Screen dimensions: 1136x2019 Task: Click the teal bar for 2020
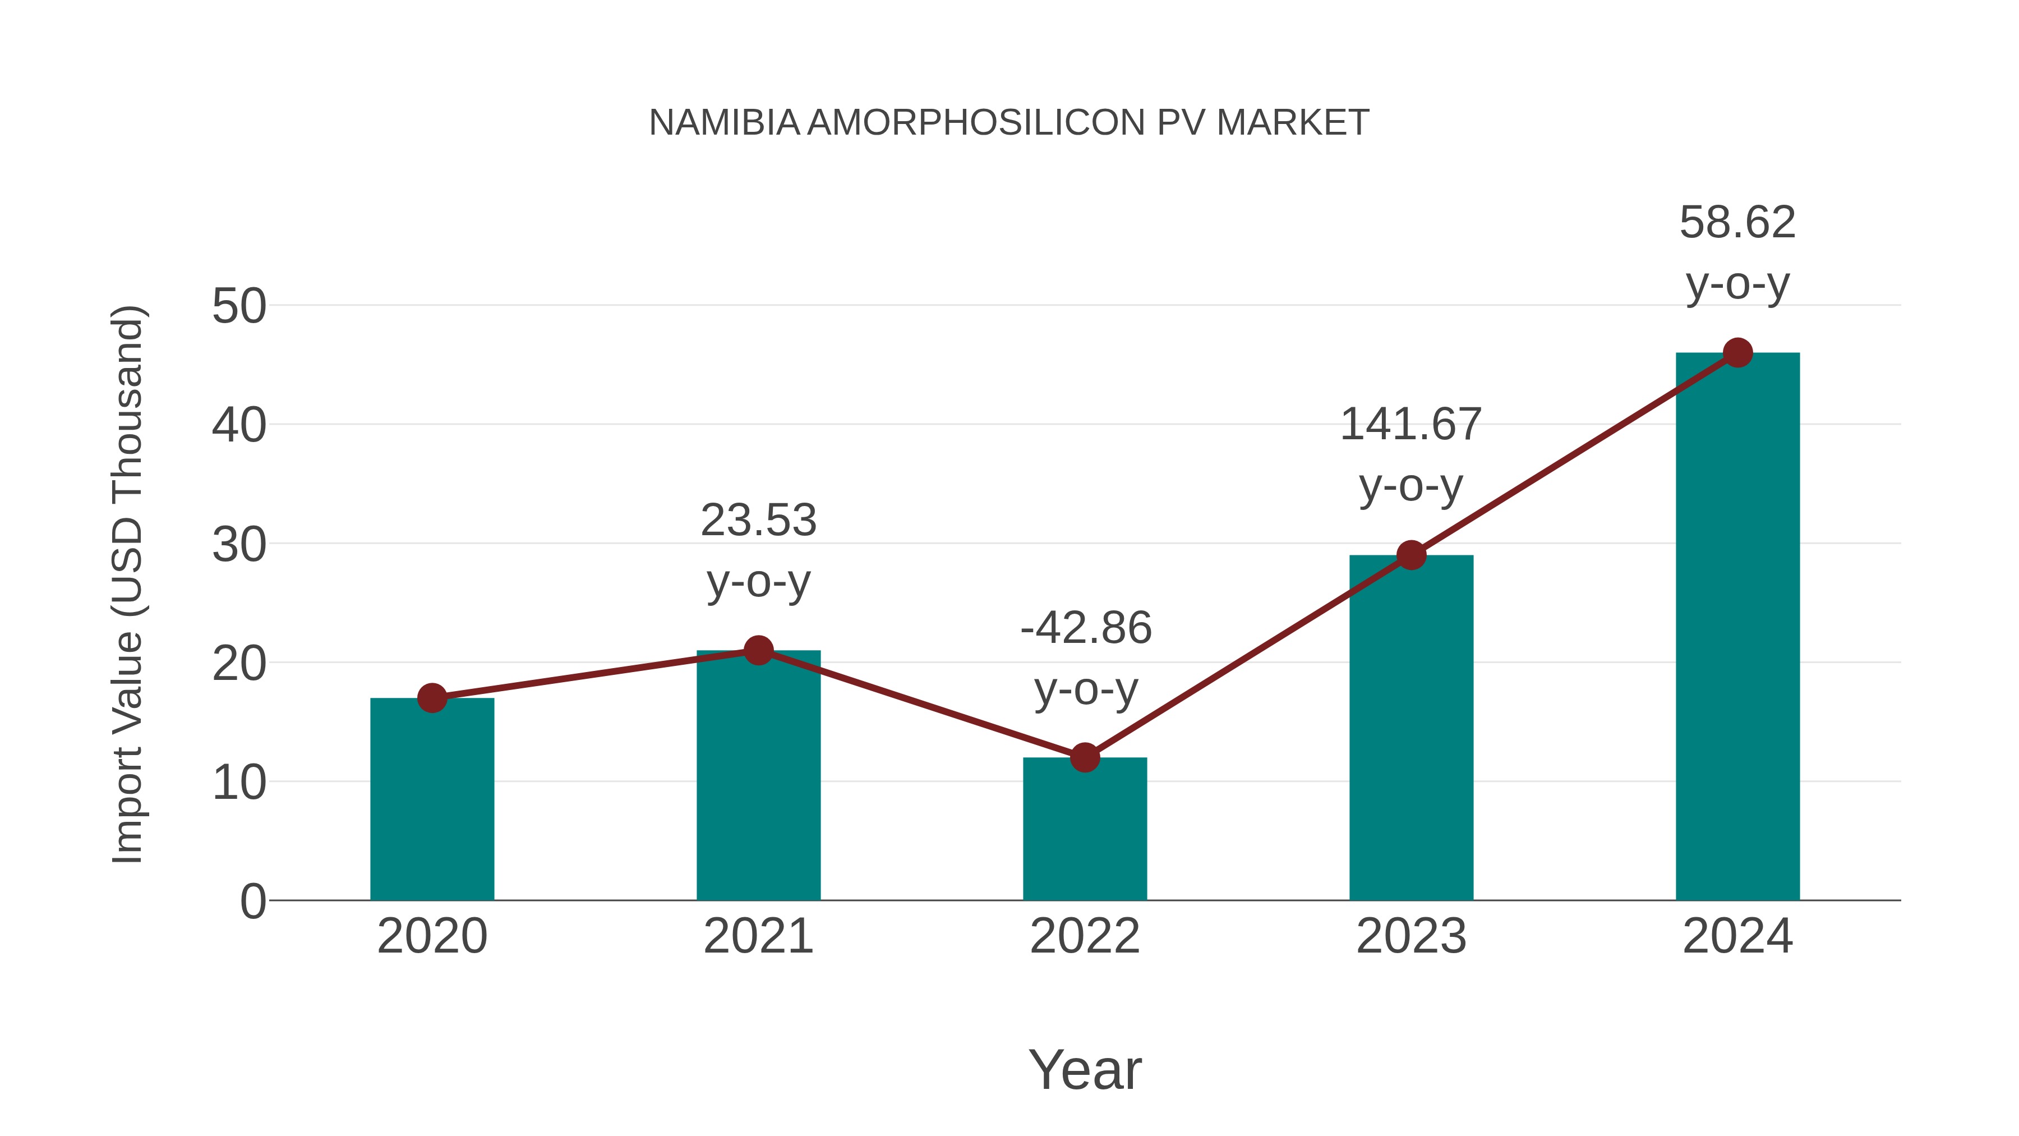[x=432, y=799]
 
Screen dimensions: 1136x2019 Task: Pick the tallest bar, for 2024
[x=1737, y=627]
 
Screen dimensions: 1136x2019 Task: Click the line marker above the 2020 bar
[x=432, y=698]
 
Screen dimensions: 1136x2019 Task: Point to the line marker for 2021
[x=758, y=650]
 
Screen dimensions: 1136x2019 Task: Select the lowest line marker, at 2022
[x=1085, y=757]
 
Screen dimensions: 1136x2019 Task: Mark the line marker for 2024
[x=1737, y=353]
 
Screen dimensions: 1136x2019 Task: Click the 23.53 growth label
[x=758, y=521]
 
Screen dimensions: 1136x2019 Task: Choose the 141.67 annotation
[x=1411, y=425]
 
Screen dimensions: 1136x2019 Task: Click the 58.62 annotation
[x=1737, y=223]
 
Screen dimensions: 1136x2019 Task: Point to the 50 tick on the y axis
[x=239, y=306]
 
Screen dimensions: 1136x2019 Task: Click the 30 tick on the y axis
[x=239, y=545]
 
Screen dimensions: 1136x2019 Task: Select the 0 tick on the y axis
[x=252, y=902]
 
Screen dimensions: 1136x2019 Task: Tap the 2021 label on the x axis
[x=758, y=936]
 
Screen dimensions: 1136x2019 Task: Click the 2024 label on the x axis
[x=1737, y=936]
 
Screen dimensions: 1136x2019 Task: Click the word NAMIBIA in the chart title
[x=723, y=123]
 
